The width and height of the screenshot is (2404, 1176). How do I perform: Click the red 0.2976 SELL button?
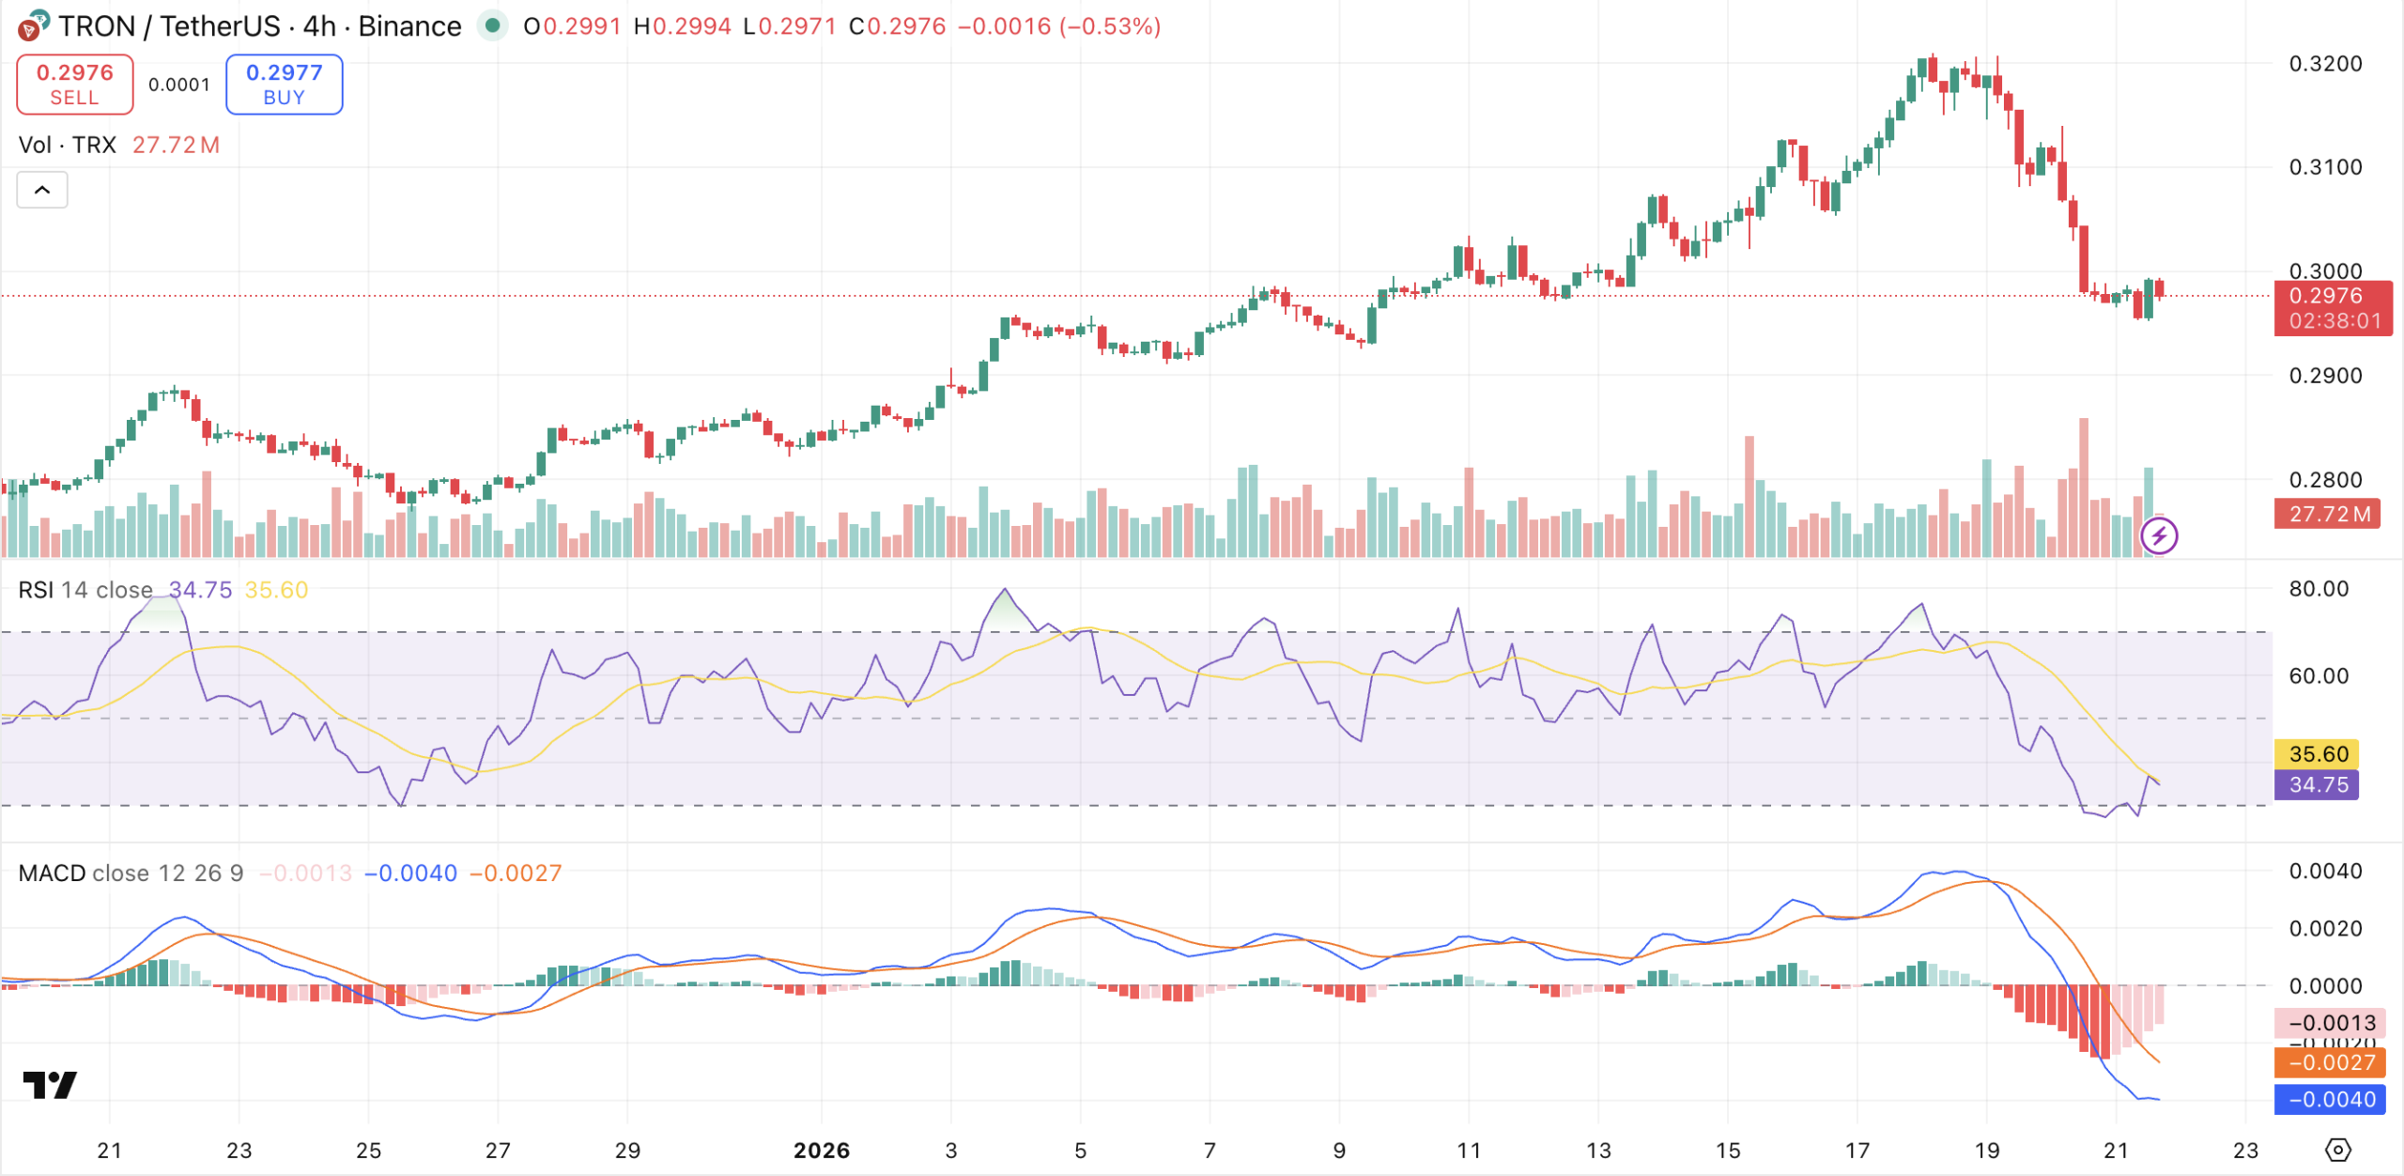pyautogui.click(x=75, y=85)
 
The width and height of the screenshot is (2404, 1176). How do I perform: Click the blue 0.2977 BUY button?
pyautogui.click(x=284, y=85)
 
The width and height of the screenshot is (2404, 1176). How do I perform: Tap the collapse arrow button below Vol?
pyautogui.click(x=42, y=190)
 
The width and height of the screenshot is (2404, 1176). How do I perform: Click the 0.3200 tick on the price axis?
pyautogui.click(x=2325, y=64)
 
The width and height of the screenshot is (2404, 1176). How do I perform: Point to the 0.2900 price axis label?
pyautogui.click(x=2325, y=376)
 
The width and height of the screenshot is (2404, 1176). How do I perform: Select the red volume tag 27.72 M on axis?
pyautogui.click(x=2326, y=514)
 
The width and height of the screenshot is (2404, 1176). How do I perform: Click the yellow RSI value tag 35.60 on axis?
pyautogui.click(x=2317, y=753)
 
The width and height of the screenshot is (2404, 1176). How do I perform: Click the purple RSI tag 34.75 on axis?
pyautogui.click(x=2317, y=784)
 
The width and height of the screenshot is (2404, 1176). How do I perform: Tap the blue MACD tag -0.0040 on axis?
pyautogui.click(x=2329, y=1099)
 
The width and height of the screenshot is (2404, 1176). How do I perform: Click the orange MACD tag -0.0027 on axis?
pyautogui.click(x=2329, y=1062)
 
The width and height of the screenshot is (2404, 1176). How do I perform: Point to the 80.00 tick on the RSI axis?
pyautogui.click(x=2318, y=589)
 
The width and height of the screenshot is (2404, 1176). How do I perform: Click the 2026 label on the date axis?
pyautogui.click(x=821, y=1151)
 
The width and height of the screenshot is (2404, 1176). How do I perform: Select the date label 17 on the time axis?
pyautogui.click(x=1857, y=1151)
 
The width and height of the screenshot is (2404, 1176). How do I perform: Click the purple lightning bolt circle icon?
pyautogui.click(x=2159, y=536)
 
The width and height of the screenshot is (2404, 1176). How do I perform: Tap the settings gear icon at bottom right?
pyautogui.click(x=2337, y=1150)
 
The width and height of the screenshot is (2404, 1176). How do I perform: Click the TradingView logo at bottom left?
pyautogui.click(x=50, y=1085)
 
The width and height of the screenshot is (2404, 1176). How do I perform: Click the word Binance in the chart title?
pyautogui.click(x=409, y=26)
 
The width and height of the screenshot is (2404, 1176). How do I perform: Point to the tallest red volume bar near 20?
pyautogui.click(x=2084, y=488)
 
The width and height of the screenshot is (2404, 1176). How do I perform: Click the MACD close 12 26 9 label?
pyautogui.click(x=131, y=873)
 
